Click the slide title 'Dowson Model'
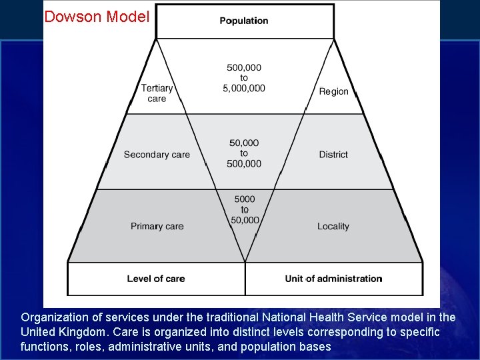pyautogui.click(x=96, y=17)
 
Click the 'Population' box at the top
pyautogui.click(x=244, y=21)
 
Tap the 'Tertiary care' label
pyautogui.click(x=157, y=93)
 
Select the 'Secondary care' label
pyautogui.click(x=157, y=155)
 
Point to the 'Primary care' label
pyautogui.click(x=157, y=227)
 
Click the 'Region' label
pyautogui.click(x=333, y=91)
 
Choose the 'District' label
pyautogui.click(x=333, y=155)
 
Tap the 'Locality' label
pyautogui.click(x=333, y=227)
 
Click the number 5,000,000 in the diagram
pyautogui.click(x=244, y=88)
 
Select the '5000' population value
pyautogui.click(x=244, y=199)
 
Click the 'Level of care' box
pyautogui.click(x=156, y=279)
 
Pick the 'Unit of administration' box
pyautogui.click(x=333, y=279)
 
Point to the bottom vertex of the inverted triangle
pyautogui.click(x=245, y=261)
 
